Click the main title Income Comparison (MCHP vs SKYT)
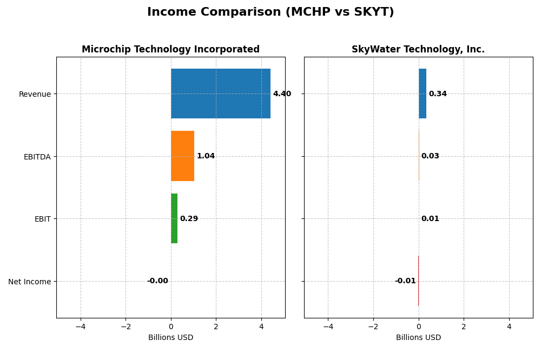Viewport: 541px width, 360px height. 270,12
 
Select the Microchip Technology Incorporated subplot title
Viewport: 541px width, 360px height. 170,49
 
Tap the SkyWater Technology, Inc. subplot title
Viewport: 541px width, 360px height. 418,49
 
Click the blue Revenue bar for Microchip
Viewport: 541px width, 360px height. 220,94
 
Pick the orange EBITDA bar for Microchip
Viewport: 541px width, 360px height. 182,156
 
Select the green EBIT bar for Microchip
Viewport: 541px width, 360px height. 174,218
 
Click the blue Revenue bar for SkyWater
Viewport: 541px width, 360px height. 423,94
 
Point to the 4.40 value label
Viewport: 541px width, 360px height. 282,94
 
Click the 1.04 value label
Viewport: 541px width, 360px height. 206,156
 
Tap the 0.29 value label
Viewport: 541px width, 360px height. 189,219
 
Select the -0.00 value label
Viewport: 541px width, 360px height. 157,281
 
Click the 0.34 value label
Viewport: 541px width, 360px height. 438,94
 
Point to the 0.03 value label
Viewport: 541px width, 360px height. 430,156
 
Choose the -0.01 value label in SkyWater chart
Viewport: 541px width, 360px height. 405,281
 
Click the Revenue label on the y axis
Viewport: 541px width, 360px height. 35,94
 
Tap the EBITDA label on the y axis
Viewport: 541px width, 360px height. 37,157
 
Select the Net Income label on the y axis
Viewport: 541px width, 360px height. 30,282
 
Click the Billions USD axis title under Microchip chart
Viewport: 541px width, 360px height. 170,338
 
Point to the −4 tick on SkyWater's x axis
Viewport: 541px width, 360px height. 328,326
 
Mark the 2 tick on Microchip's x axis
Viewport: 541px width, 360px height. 216,326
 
